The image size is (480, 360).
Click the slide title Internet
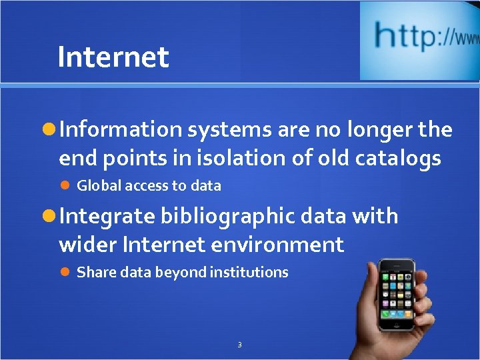[113, 57]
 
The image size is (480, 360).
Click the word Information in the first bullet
[120, 129]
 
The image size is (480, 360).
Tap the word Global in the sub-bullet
[97, 186]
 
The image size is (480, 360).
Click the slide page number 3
[239, 345]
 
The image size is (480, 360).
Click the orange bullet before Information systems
[49, 130]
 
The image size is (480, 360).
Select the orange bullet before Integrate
[49, 216]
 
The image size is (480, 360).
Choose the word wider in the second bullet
[87, 245]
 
